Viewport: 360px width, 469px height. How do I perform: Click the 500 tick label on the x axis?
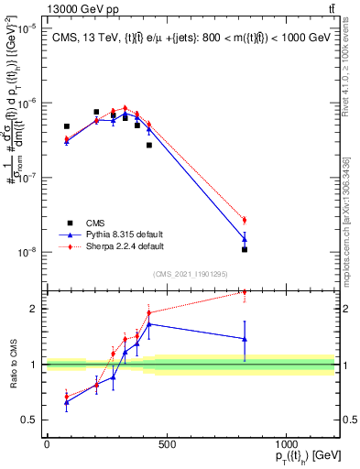[166, 445]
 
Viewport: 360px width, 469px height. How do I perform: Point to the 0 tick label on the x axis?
[47, 445]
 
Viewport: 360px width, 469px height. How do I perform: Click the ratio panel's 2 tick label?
[33, 309]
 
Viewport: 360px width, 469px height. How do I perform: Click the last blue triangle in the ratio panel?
[245, 338]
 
